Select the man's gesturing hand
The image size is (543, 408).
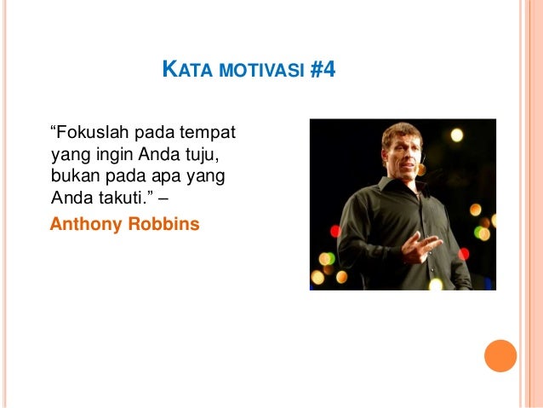point(421,245)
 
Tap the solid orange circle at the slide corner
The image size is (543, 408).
point(500,357)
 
